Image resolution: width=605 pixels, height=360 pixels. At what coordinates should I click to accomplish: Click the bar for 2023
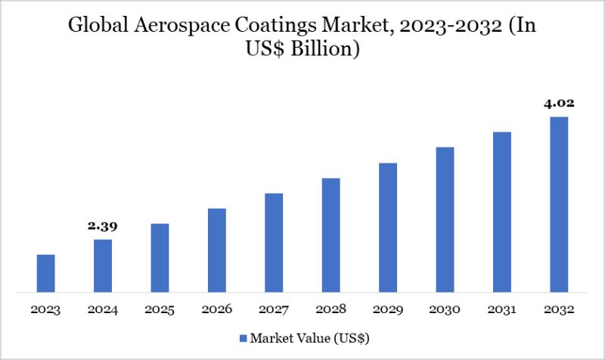tap(45, 273)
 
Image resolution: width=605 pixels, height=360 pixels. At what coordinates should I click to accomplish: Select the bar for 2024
tap(103, 265)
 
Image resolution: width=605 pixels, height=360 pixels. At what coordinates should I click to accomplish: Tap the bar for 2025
tap(160, 258)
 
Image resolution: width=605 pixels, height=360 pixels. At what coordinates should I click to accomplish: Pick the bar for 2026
tap(217, 250)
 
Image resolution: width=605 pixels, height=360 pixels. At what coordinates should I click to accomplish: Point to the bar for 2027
tap(274, 243)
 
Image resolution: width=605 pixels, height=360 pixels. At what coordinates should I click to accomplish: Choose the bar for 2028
tap(330, 235)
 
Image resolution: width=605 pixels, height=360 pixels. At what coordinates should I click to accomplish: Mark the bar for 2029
tap(388, 228)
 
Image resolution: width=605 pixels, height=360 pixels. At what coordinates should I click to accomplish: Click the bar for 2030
tap(445, 219)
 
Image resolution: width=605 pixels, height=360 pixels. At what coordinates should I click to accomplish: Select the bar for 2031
tap(502, 212)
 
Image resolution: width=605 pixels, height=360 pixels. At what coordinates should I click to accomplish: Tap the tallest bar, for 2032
tap(559, 204)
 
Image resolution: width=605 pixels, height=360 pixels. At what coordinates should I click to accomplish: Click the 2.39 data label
tap(103, 226)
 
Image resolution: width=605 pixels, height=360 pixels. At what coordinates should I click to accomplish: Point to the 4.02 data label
tap(559, 103)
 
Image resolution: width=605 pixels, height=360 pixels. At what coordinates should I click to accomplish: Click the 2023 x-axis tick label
tap(45, 310)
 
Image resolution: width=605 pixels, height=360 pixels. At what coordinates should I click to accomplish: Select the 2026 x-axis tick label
tap(217, 310)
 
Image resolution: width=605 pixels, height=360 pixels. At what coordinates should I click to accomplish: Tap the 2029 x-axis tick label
tap(388, 310)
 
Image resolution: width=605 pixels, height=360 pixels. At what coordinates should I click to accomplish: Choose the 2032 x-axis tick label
tap(559, 310)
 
